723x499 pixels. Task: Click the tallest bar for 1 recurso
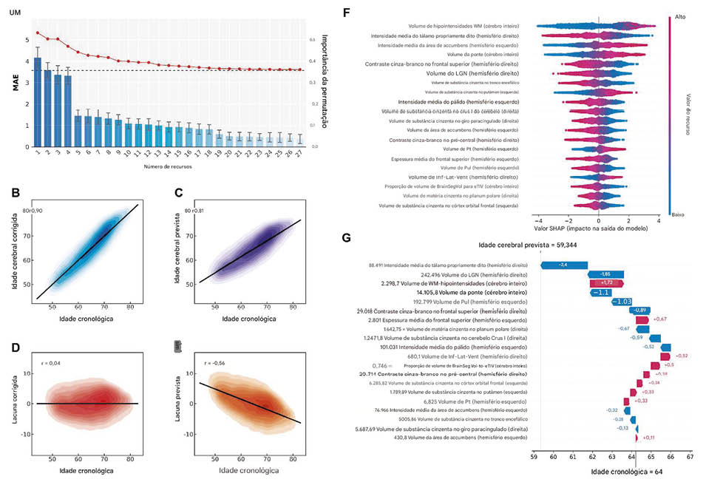(x=38, y=100)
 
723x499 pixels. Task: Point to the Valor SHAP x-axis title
(x=597, y=229)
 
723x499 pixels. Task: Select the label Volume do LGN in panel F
(x=478, y=74)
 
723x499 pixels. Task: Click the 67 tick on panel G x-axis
(x=689, y=458)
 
